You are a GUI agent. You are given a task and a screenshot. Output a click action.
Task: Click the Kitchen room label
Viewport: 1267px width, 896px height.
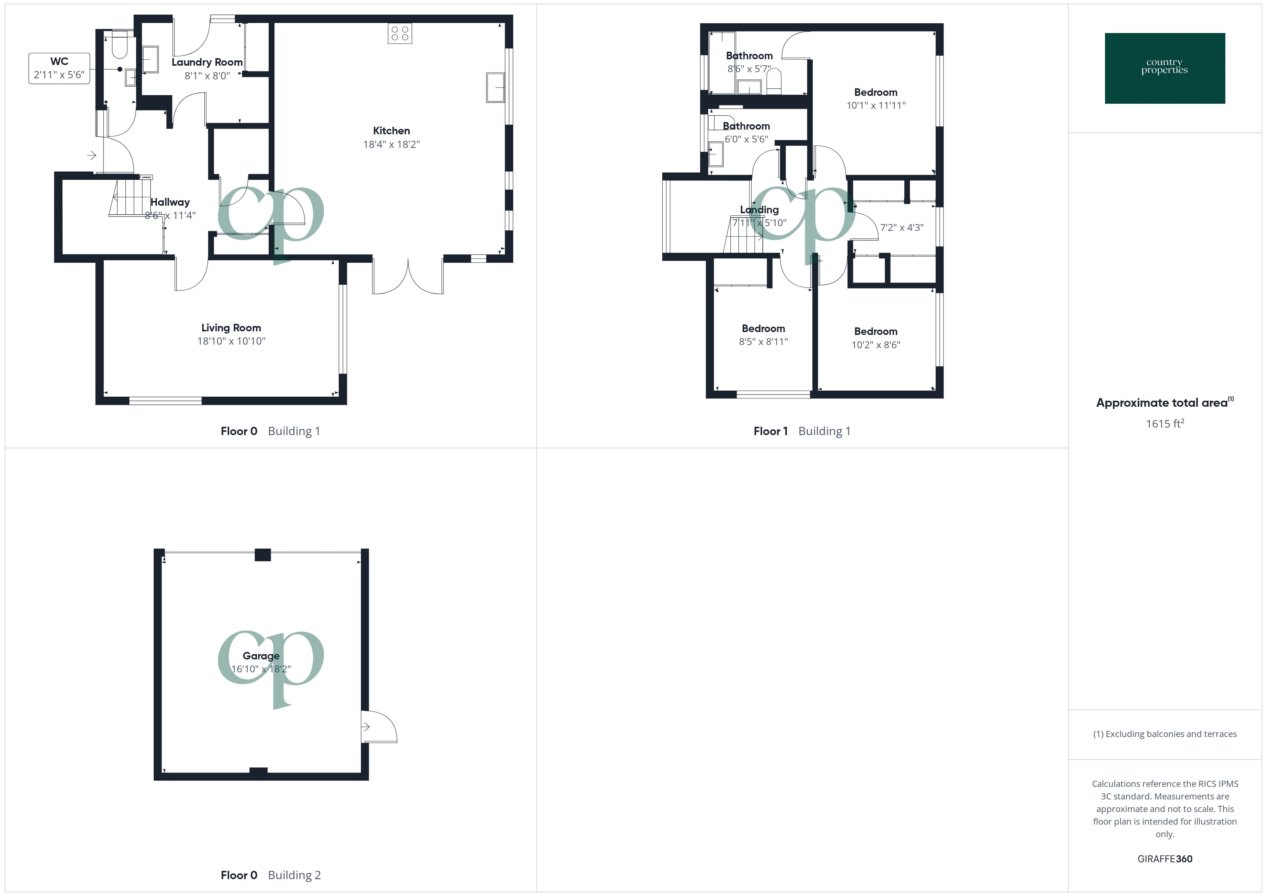391,131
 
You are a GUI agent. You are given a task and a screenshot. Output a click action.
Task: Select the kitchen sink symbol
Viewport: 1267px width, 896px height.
495,87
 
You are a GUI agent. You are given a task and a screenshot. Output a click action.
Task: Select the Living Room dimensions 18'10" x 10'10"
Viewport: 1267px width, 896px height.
231,341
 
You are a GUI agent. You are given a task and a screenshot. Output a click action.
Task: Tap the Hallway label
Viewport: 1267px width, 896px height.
170,202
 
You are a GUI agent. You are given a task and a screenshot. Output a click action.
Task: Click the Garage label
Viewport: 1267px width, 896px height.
261,655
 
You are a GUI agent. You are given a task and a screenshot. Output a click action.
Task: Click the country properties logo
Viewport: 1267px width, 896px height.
1164,68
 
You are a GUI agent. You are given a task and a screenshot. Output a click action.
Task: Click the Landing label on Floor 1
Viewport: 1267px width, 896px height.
759,210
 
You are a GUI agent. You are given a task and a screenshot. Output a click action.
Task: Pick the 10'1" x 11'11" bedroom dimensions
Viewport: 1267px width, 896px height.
876,106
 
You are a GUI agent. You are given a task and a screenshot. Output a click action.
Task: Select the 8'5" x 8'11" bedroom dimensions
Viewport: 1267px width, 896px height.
763,341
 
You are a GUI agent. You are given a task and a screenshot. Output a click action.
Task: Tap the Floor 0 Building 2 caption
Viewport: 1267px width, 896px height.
270,875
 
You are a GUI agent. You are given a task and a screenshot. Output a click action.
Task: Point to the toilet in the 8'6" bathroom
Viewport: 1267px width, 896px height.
774,81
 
